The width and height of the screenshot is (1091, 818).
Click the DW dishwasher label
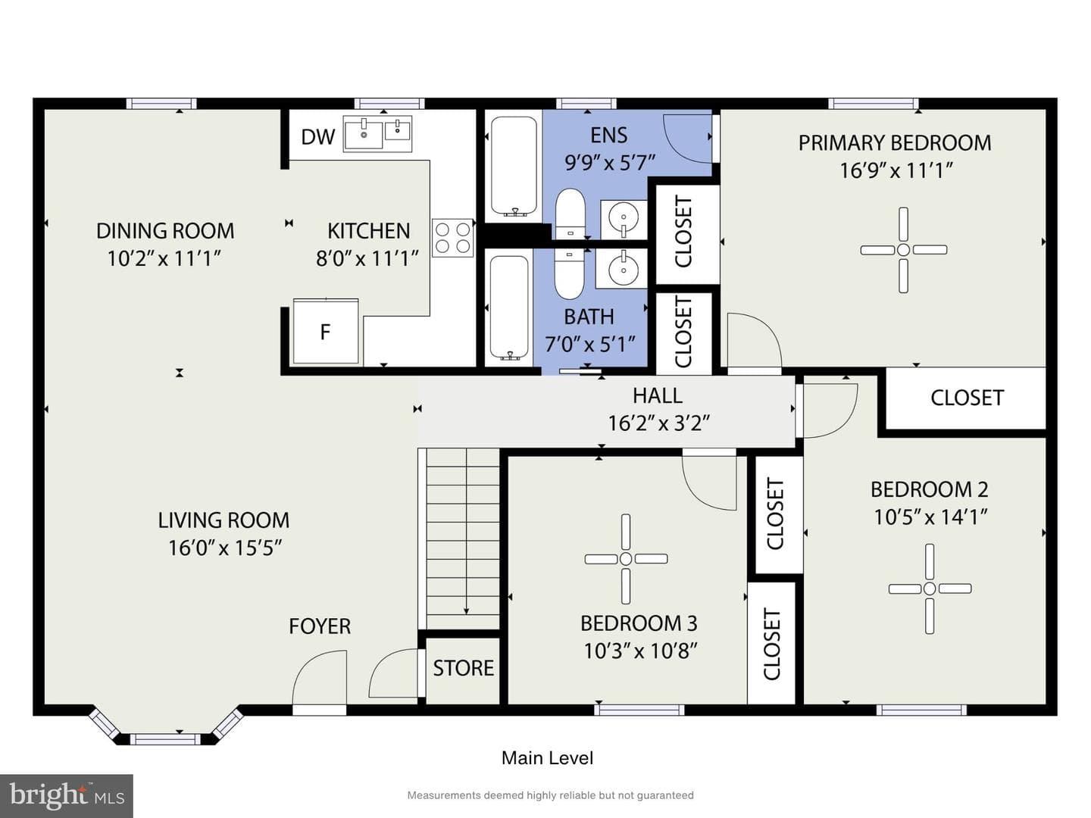(x=318, y=136)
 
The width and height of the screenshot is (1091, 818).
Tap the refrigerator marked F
(x=326, y=331)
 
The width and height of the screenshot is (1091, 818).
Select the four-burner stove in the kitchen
(x=452, y=238)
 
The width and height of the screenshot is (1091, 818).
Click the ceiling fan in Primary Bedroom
(x=904, y=250)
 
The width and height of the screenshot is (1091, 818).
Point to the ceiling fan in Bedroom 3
(x=626, y=559)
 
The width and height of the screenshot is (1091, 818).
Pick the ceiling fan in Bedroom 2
(x=930, y=589)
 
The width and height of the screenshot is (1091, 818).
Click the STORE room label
(x=463, y=669)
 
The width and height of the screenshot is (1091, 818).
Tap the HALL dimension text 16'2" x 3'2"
(x=658, y=423)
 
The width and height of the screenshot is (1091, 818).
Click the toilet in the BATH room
(x=569, y=274)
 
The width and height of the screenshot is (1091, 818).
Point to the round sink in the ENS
(x=624, y=219)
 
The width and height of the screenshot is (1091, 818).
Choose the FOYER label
(x=320, y=626)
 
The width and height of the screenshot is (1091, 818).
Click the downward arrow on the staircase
(x=466, y=531)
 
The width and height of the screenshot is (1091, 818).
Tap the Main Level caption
(x=547, y=758)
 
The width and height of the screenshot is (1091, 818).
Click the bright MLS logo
(x=67, y=796)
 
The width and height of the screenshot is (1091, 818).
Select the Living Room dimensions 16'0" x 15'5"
(x=225, y=548)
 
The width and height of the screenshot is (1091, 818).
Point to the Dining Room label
(x=165, y=231)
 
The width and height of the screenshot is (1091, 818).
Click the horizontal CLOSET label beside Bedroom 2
(x=967, y=398)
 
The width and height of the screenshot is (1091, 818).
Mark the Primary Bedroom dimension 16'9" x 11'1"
(x=896, y=170)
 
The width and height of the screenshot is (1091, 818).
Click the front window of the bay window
(x=165, y=739)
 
